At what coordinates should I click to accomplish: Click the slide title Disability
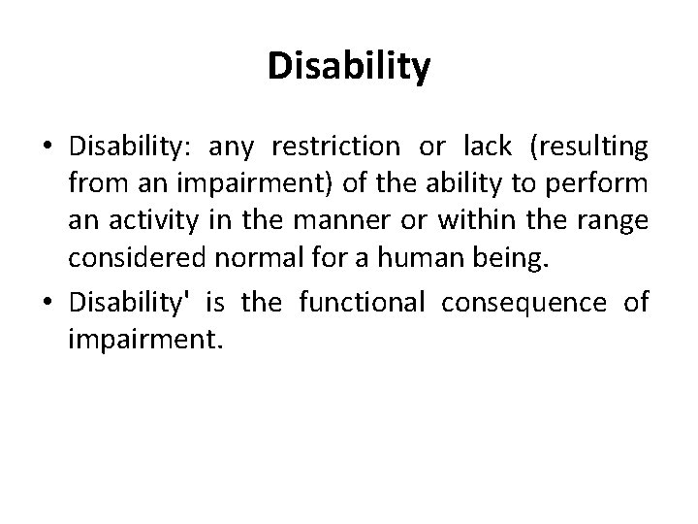[348, 67]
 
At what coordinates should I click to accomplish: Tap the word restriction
[335, 147]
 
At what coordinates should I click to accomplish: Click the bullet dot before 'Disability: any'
[47, 147]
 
